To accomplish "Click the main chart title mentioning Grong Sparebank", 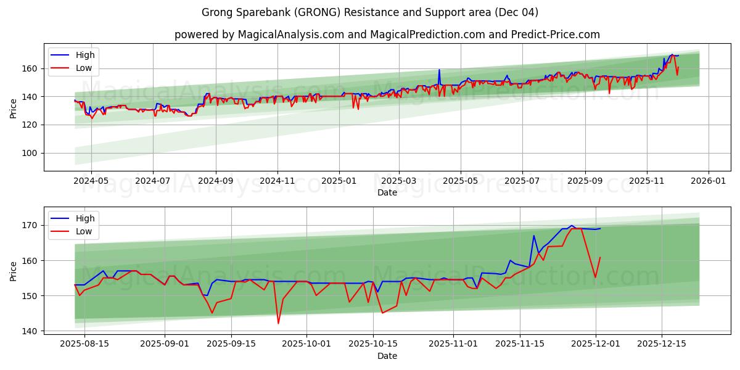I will point(370,12).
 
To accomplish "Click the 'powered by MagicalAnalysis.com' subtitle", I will point(387,35).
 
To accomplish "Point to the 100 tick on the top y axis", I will point(30,153).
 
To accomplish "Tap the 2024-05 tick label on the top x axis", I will point(91,182).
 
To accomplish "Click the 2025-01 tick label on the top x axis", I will point(339,182).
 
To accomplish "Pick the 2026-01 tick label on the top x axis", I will point(708,182).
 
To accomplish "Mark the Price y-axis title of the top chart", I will point(14,107).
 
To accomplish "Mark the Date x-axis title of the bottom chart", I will point(387,356).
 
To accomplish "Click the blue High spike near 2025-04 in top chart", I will point(439,70).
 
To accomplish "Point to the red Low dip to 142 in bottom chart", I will point(278,323).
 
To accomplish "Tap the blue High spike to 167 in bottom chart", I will point(534,236).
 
